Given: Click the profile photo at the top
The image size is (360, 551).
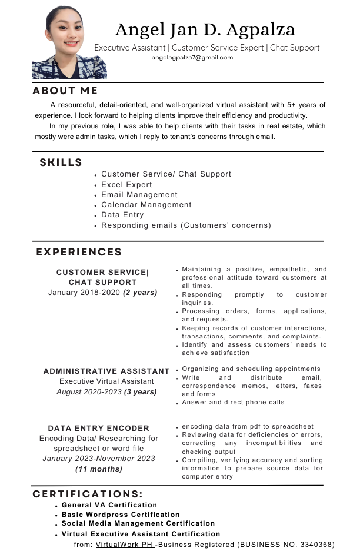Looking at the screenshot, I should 69,42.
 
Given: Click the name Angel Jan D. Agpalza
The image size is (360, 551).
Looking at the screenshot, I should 205,29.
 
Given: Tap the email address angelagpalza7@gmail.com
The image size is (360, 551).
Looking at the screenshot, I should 192,58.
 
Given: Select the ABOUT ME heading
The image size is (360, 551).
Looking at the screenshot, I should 65,91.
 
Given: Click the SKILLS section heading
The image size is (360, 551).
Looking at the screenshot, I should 61,162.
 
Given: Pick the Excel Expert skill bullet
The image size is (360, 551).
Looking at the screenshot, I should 126,184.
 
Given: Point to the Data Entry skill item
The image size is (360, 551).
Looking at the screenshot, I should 122,215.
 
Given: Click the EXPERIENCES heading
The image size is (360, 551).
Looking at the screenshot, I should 79,252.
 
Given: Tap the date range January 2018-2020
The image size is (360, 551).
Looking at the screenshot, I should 84,293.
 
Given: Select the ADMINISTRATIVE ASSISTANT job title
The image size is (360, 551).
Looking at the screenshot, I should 106,371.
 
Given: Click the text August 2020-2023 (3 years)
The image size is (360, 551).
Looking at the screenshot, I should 106,391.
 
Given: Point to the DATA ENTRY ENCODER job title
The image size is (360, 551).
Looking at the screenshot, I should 99,428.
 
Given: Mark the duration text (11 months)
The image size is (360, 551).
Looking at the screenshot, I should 99,469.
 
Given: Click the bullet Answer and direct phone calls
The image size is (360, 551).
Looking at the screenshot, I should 233,403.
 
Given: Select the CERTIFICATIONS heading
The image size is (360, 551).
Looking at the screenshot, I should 88,494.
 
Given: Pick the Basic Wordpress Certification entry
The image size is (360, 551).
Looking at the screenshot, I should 121,515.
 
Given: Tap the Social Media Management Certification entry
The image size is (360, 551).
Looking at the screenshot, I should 138,523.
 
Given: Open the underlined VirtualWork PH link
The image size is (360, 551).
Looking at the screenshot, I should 124,545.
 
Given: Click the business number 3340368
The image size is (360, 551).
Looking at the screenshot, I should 316,545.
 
